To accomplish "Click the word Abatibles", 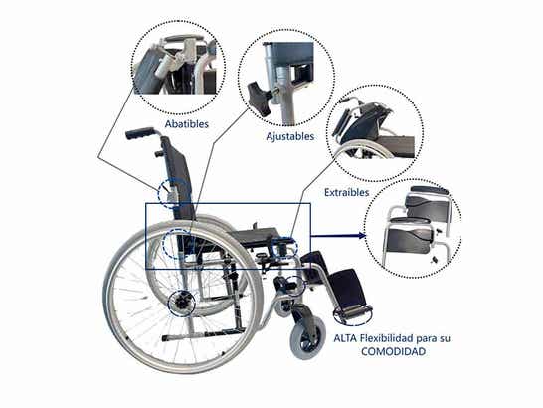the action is [x=187, y=124].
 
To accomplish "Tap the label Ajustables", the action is [x=289, y=136].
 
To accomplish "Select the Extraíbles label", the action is [x=347, y=192].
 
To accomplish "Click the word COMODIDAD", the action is [x=393, y=352].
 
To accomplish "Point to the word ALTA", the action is [x=345, y=338].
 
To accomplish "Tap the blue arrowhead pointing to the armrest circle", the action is [x=361, y=236].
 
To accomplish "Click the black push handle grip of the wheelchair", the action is [x=140, y=133].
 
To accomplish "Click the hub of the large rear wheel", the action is [x=181, y=304].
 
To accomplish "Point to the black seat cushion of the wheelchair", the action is [x=256, y=237].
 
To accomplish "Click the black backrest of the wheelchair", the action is [x=177, y=178].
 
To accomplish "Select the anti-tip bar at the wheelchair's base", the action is [x=203, y=334].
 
